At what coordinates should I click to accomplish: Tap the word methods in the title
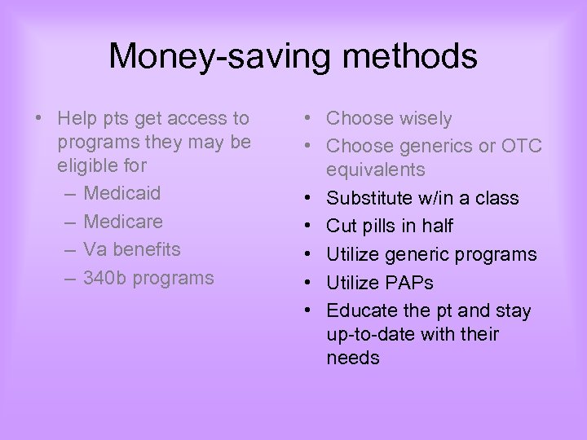click(x=410, y=57)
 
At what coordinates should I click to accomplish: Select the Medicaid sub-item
click(x=122, y=194)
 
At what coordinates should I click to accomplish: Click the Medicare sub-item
click(x=123, y=222)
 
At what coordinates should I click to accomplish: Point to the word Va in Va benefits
click(x=95, y=249)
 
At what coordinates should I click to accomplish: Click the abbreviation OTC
click(x=522, y=147)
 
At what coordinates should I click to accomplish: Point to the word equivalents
click(x=376, y=170)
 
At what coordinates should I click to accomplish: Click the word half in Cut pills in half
click(x=436, y=226)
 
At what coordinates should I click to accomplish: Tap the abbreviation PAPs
click(x=404, y=283)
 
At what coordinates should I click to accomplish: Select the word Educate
click(x=361, y=310)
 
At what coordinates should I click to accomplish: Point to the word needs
click(x=353, y=359)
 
